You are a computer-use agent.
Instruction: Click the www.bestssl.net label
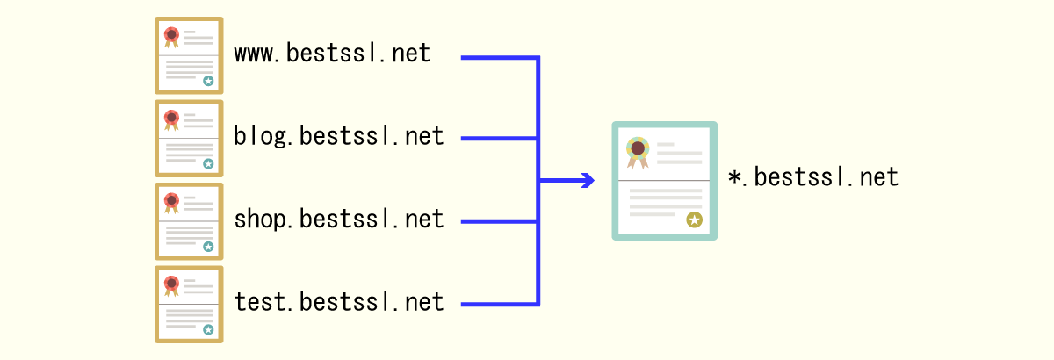click(x=332, y=54)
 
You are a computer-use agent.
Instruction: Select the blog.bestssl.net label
click(x=338, y=137)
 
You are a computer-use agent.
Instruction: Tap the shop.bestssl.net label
click(x=338, y=220)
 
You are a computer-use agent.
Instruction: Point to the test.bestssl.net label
click(x=338, y=303)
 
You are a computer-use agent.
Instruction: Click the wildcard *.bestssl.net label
click(x=813, y=178)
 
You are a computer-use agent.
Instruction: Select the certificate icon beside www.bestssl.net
click(x=189, y=54)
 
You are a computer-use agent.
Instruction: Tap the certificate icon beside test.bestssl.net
click(x=189, y=303)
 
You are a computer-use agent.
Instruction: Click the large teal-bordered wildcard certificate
click(x=664, y=180)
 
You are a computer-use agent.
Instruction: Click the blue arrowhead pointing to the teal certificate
click(x=587, y=181)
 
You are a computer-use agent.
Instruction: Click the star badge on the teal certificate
click(x=694, y=220)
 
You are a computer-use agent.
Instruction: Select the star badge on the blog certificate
click(x=208, y=163)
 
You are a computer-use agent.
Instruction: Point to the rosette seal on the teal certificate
click(x=638, y=150)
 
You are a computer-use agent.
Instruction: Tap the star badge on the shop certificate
click(x=208, y=247)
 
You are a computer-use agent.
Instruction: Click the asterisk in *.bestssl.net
click(x=735, y=178)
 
